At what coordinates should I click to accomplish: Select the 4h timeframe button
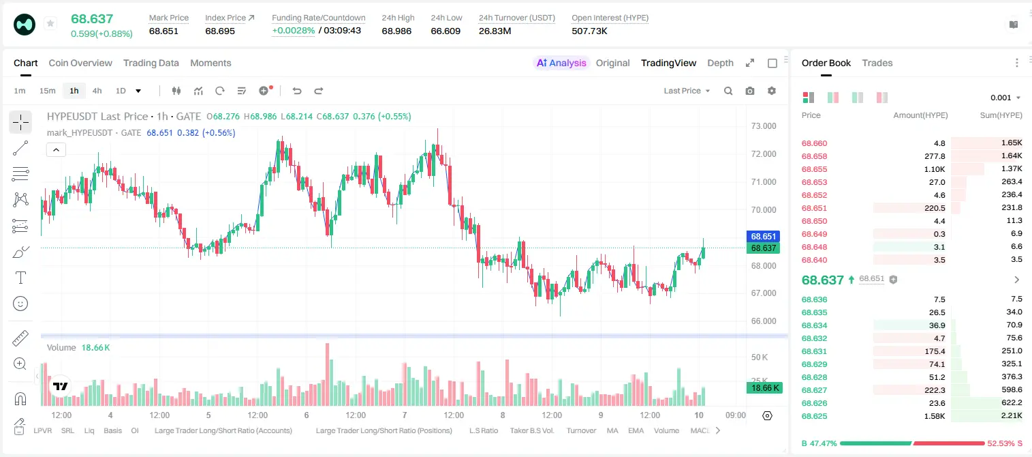coord(97,91)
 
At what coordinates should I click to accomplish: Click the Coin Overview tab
coord(80,63)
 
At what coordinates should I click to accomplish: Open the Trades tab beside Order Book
coord(877,63)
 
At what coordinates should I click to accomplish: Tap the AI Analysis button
coord(561,63)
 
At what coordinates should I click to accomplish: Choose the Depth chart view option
coord(720,63)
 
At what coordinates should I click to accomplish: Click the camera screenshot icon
coord(750,91)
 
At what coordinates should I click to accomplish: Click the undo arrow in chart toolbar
coord(297,91)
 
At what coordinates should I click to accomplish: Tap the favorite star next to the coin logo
coord(50,23)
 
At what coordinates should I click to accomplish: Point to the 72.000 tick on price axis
coord(764,154)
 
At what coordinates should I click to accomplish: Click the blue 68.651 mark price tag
coord(763,236)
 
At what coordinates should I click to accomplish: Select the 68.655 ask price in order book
coord(814,169)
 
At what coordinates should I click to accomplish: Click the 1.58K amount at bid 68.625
coord(935,416)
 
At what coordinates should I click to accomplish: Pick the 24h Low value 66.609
coord(445,31)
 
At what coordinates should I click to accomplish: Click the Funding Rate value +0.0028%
coord(294,31)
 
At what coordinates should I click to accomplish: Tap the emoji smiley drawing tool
coord(20,304)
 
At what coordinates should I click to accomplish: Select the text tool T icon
coord(20,278)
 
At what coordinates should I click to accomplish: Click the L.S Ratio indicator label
coord(483,430)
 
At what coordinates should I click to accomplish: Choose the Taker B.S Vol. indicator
coord(531,430)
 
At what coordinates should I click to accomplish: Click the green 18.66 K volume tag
coord(764,388)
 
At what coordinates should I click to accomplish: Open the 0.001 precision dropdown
coord(1005,98)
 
